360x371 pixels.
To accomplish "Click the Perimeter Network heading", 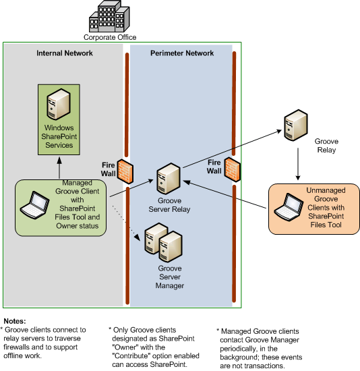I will point(181,53).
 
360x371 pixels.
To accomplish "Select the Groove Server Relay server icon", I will point(167,180).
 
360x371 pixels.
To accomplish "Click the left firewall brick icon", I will point(125,171).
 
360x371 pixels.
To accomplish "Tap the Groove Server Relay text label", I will point(172,205).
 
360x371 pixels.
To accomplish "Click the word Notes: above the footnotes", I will point(13,320).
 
